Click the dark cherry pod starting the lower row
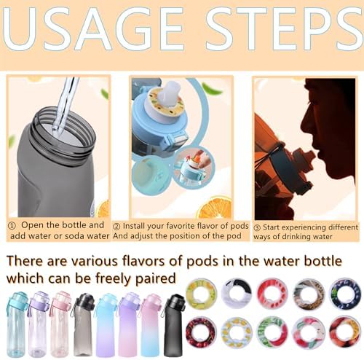[201, 332]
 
